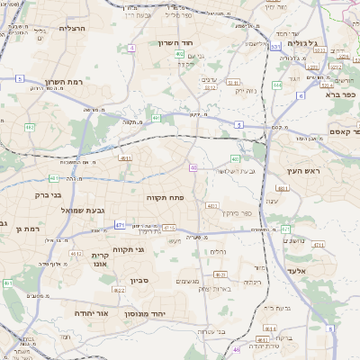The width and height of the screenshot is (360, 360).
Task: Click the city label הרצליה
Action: [x=71, y=28]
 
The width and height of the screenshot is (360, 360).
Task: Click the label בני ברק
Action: [x=49, y=194]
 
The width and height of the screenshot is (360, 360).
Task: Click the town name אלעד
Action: [x=296, y=270]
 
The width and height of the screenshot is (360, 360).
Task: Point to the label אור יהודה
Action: [x=91, y=313]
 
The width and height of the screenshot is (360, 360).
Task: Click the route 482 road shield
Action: [x=30, y=127]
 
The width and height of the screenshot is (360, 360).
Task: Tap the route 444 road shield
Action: [x=277, y=85]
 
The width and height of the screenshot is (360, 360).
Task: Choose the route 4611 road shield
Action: [x=124, y=158]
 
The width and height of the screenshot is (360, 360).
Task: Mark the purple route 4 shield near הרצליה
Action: [x=132, y=47]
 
